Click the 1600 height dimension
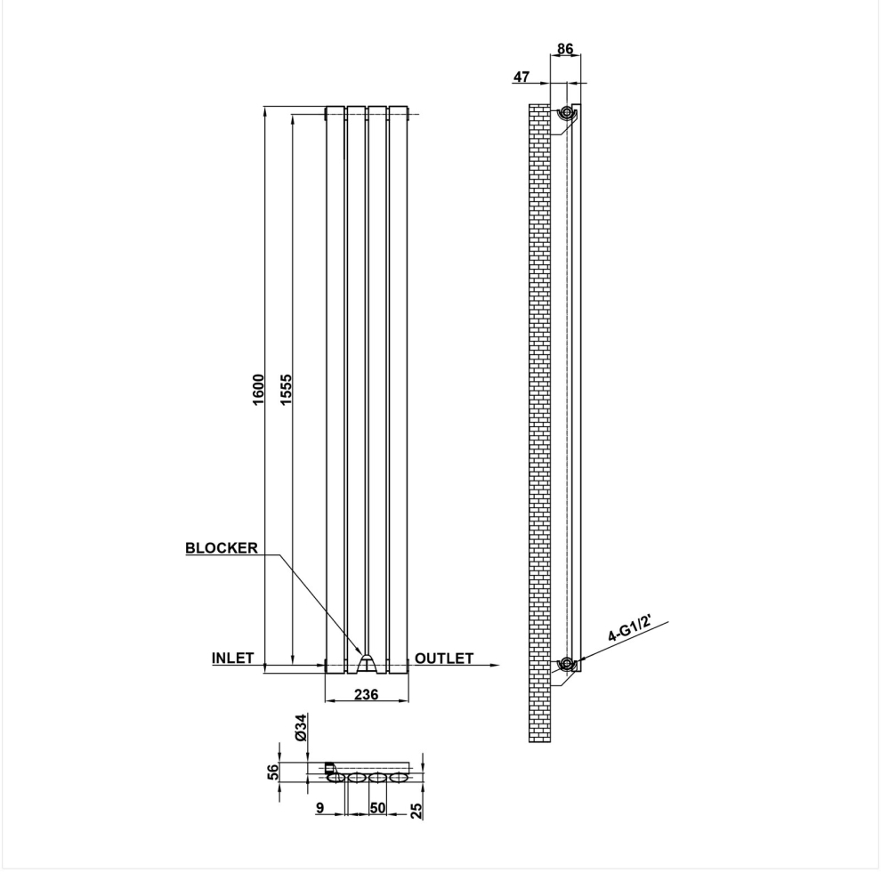click(258, 390)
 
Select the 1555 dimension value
click(286, 390)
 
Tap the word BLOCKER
click(222, 548)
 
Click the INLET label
click(232, 658)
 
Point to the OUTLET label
click(444, 658)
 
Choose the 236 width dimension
click(367, 694)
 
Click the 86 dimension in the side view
click(565, 49)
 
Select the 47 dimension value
click(521, 77)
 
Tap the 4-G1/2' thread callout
click(629, 629)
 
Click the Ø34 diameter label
click(301, 727)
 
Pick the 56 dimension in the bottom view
click(272, 772)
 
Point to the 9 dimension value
click(319, 808)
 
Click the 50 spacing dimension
click(378, 808)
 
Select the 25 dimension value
click(416, 811)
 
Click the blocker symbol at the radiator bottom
click(367, 664)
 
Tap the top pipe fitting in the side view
click(566, 114)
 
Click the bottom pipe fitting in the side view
click(566, 664)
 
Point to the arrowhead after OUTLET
click(495, 666)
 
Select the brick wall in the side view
click(539, 423)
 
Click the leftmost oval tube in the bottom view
click(336, 778)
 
